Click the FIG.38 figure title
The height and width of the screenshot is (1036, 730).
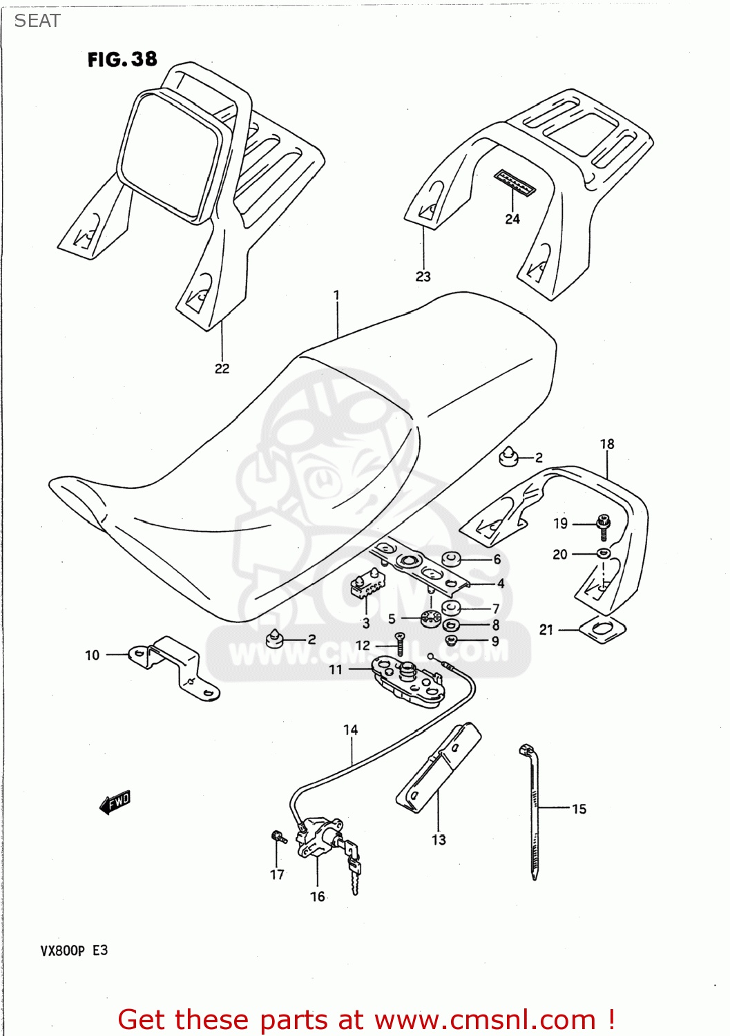coord(122,59)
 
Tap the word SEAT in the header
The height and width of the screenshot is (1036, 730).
coord(37,21)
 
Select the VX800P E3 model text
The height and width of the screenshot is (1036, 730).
coord(74,950)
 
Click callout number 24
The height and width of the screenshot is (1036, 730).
coord(512,219)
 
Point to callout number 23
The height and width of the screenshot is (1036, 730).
coord(423,276)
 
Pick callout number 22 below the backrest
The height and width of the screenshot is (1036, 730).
coord(222,368)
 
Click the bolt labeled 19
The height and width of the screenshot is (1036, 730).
coord(604,526)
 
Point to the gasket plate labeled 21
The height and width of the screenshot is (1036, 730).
coord(602,630)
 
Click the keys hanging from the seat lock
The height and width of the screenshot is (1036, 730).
coord(354,867)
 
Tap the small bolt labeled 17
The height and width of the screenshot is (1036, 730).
coord(278,837)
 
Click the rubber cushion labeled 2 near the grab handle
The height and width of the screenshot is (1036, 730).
coord(509,456)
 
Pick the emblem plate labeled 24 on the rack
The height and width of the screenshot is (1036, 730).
coord(515,183)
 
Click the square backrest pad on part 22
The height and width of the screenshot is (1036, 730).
coord(169,155)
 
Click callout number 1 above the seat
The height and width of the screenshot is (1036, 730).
coord(336,295)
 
